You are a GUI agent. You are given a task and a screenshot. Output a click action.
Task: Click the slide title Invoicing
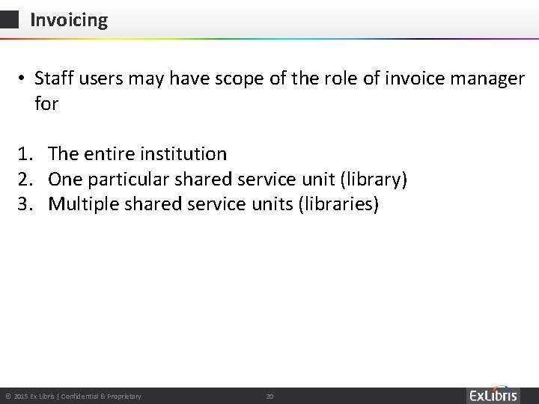pyautogui.click(x=69, y=20)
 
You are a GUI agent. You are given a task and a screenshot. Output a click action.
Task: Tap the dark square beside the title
pyautogui.click(x=9, y=20)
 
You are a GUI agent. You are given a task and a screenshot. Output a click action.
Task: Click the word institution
pyautogui.click(x=184, y=154)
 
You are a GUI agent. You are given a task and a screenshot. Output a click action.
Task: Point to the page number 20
pyautogui.click(x=271, y=395)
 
